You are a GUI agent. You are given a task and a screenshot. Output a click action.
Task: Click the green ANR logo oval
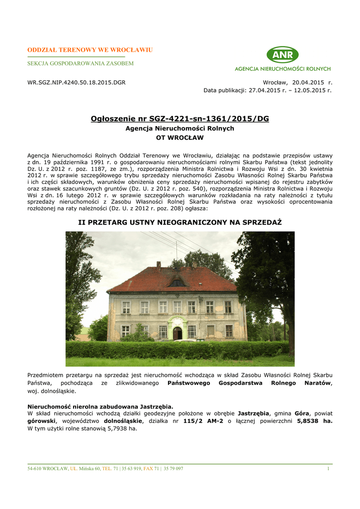click(282, 55)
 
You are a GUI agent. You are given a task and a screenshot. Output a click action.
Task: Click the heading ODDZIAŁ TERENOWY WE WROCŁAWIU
click(90, 50)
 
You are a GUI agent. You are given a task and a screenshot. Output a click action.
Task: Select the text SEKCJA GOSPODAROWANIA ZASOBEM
click(80, 64)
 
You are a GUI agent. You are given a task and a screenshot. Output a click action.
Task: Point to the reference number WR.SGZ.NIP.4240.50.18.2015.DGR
click(76, 82)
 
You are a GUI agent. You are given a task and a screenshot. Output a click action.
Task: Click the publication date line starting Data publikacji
click(267, 90)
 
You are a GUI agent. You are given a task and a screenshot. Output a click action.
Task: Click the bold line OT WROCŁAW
click(180, 137)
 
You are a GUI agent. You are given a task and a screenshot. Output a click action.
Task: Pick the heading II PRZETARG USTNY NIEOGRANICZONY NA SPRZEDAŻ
click(180, 222)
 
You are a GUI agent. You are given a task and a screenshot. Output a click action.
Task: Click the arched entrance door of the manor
click(178, 333)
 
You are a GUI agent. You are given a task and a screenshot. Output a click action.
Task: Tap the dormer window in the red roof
click(177, 283)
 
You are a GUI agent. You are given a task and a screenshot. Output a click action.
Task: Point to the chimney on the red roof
click(159, 264)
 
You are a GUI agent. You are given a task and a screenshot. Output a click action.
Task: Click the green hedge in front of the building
click(179, 350)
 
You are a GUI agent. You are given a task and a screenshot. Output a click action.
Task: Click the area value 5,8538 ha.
click(315, 421)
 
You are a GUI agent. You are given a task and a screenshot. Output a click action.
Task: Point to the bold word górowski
click(41, 421)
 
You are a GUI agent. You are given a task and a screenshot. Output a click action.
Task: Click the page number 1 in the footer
click(329, 469)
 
